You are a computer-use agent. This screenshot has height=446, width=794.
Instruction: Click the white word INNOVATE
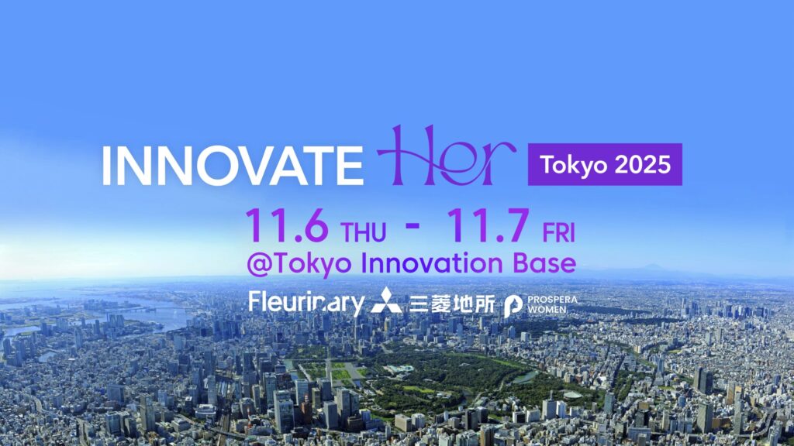233,166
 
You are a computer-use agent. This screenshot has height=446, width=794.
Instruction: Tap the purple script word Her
446,156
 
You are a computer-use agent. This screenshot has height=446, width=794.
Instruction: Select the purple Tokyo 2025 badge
605,164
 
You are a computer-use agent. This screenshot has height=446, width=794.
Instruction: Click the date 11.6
287,225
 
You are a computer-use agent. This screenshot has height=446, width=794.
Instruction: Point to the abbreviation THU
364,232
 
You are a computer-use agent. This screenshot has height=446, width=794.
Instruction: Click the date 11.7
488,225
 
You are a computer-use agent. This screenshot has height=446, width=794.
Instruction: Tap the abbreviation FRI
559,233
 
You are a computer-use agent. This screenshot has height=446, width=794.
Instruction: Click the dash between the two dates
413,225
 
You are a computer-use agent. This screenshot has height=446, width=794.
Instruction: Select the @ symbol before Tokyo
258,265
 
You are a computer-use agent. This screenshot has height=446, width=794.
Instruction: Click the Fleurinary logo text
306,303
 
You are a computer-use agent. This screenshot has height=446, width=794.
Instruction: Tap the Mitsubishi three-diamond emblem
386,300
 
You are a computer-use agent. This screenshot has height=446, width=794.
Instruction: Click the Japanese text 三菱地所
452,304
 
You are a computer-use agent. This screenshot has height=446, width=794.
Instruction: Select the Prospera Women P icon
513,306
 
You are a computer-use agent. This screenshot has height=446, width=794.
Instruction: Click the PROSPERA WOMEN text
552,304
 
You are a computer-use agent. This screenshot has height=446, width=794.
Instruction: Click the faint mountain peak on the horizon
654,267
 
